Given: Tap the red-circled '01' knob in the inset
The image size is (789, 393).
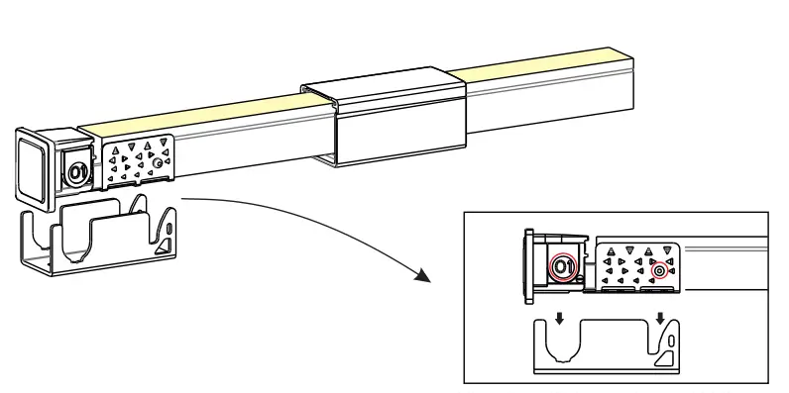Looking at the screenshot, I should point(562,267).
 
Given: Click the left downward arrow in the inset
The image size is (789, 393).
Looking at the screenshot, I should point(559,320).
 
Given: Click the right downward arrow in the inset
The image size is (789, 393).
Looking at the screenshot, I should point(660,320).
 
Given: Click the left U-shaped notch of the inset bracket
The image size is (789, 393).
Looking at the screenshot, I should point(558,342).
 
